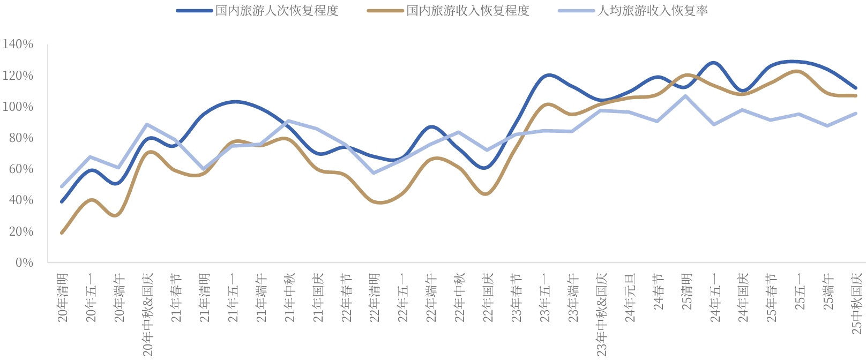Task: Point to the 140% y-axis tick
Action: [18, 44]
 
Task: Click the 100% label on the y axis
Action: [18, 107]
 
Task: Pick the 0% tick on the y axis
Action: [24, 262]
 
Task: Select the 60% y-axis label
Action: [21, 169]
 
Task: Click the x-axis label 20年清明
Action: [63, 298]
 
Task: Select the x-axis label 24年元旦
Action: [630, 298]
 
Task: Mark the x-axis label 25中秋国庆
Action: [857, 303]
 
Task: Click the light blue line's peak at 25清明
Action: [686, 96]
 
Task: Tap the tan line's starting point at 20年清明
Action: [62, 232]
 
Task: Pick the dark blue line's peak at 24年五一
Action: [714, 63]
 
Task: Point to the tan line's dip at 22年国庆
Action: [486, 194]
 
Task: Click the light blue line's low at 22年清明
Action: [374, 172]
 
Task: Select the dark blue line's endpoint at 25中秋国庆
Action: [856, 88]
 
